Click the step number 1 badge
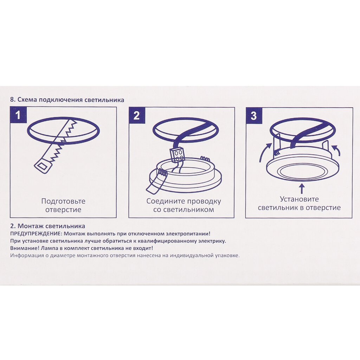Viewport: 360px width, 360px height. pyautogui.click(x=18, y=115)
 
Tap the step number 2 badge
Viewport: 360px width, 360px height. pyautogui.click(x=137, y=115)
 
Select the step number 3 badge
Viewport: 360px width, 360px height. pyautogui.click(x=254, y=115)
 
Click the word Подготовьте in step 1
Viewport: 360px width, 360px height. pyautogui.click(x=63, y=201)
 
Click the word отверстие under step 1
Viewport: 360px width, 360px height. pyautogui.click(x=63, y=210)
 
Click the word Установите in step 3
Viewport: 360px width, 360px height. pyautogui.click(x=300, y=199)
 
